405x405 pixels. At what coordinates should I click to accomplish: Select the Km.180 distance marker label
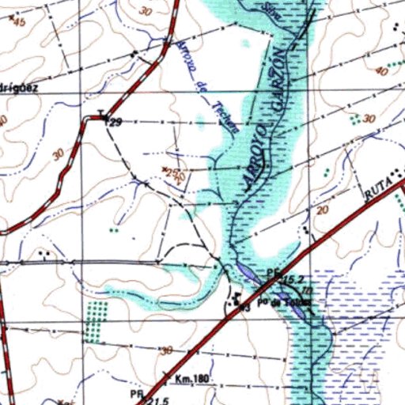[192, 379]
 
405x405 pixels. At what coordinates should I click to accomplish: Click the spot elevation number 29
[116, 123]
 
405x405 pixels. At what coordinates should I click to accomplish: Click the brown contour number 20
[320, 210]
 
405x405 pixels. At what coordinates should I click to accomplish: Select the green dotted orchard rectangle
[94, 320]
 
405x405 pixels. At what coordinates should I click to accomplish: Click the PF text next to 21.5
[135, 392]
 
